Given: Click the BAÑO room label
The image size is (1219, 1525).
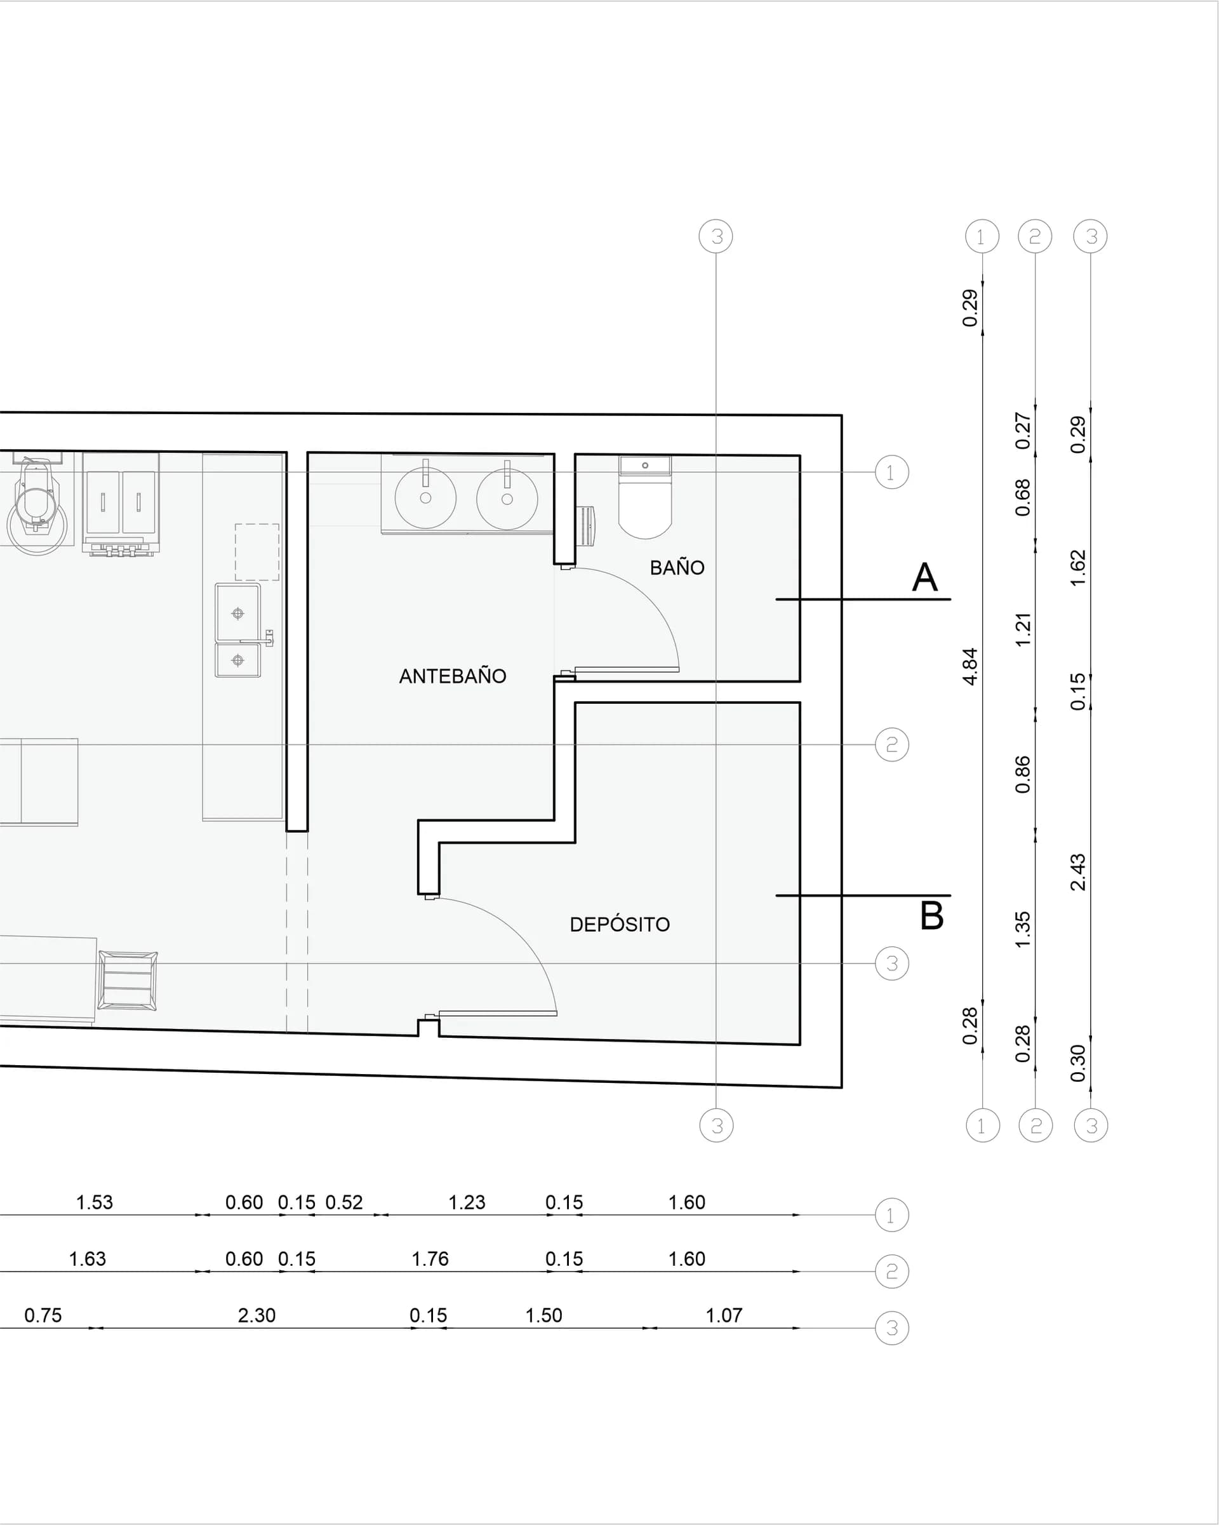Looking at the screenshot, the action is [x=677, y=567].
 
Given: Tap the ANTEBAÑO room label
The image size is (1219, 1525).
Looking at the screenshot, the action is [x=453, y=676].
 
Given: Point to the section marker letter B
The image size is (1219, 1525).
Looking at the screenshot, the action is [x=932, y=916].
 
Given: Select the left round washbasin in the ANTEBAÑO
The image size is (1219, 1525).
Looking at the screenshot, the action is [x=425, y=498].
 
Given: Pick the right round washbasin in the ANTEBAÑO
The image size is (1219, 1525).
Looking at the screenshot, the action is [x=507, y=499].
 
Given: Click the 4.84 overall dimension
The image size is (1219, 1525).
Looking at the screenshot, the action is [x=970, y=666].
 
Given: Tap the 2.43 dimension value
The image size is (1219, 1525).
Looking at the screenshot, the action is [x=1077, y=872].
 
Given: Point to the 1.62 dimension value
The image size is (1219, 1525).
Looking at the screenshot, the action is [x=1077, y=567].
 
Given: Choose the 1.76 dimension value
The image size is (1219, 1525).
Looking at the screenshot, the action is [x=430, y=1259].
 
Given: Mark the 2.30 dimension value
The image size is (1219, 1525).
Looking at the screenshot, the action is [x=256, y=1315].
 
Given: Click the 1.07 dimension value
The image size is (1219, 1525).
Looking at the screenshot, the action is [x=724, y=1315].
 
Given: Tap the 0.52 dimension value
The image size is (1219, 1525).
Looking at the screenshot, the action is [x=343, y=1202].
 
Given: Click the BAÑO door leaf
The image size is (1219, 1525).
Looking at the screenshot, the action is [x=627, y=669].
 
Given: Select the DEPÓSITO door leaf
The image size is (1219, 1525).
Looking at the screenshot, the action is [x=498, y=1014].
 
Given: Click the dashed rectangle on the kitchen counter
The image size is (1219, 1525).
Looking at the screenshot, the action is [x=256, y=552].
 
